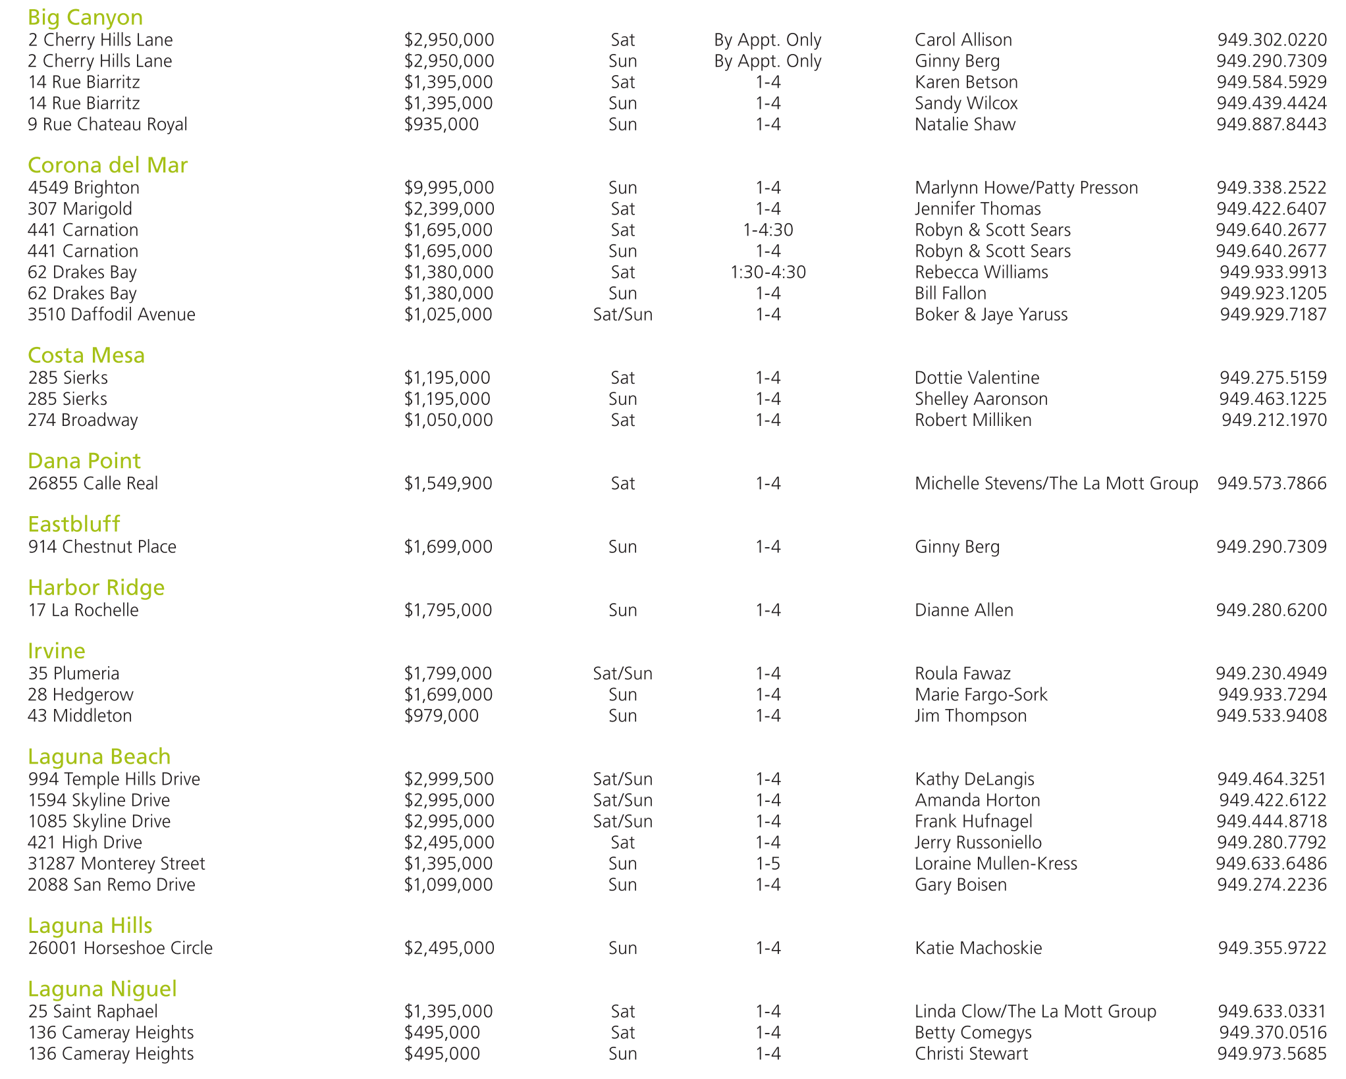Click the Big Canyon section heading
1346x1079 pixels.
pos(86,17)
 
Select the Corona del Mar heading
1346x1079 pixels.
pos(108,165)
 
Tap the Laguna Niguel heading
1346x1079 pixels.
pos(103,989)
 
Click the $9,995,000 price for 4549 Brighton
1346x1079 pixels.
pos(449,188)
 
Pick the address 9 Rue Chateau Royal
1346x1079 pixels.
pos(107,124)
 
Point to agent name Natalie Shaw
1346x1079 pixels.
pos(965,124)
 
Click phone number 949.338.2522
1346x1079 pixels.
pos(1271,188)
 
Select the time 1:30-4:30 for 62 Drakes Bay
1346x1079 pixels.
pos(768,272)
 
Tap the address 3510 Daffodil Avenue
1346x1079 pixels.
pos(111,315)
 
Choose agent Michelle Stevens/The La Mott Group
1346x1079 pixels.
pos(1056,483)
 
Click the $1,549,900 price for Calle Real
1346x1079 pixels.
pos(448,483)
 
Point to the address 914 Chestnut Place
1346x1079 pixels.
pos(102,547)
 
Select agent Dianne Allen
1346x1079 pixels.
pos(964,610)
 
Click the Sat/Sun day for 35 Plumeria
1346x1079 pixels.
pos(622,673)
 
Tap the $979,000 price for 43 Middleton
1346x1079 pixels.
pos(441,716)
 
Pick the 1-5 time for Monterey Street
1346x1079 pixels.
pos(768,864)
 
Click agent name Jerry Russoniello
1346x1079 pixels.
pos(978,843)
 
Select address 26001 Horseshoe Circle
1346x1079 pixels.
pos(120,948)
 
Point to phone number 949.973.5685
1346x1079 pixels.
pos(1272,1053)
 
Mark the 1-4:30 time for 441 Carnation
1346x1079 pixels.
pos(768,230)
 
